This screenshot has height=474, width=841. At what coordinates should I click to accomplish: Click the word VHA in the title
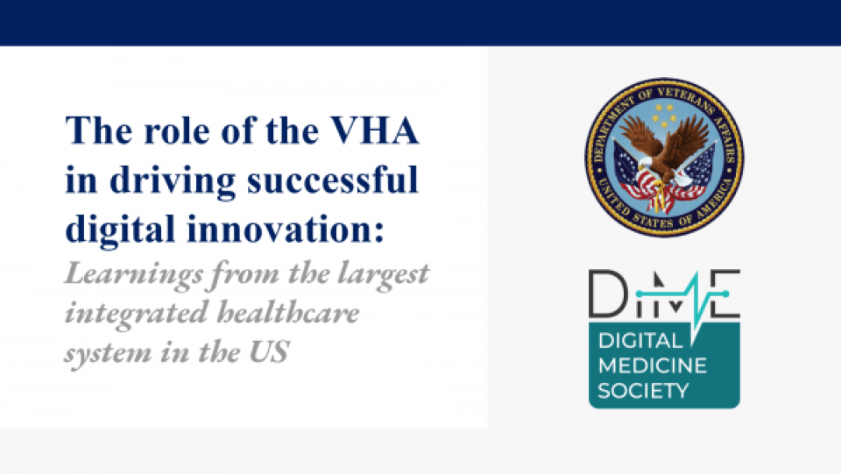[374, 131]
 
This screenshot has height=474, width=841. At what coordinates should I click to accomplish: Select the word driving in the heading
[173, 181]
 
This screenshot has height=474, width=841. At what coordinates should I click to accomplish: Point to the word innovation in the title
[286, 229]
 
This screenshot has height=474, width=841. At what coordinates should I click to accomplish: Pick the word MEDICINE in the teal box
[653, 365]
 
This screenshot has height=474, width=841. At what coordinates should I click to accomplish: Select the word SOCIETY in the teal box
[643, 391]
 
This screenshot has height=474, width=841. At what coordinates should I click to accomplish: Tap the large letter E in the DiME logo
[725, 294]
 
